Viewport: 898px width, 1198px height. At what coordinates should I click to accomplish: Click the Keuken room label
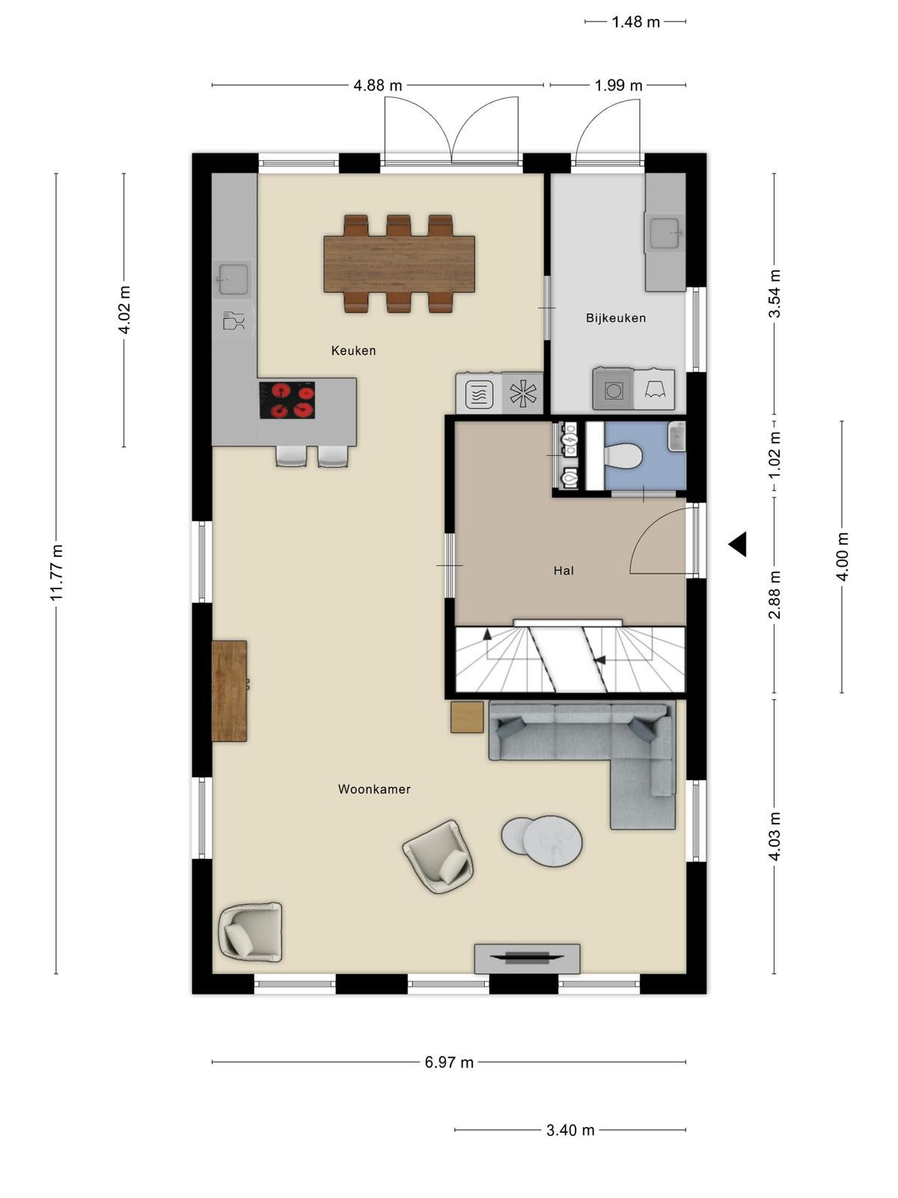pyautogui.click(x=353, y=350)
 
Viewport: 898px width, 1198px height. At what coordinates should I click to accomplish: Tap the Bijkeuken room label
pyautogui.click(x=616, y=317)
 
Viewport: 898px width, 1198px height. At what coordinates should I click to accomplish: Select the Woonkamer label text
pyautogui.click(x=374, y=788)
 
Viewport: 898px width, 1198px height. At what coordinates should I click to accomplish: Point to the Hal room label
pyautogui.click(x=563, y=571)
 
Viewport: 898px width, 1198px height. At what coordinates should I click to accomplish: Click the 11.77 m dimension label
pyautogui.click(x=57, y=573)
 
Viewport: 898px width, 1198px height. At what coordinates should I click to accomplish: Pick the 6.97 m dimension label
pyautogui.click(x=449, y=1062)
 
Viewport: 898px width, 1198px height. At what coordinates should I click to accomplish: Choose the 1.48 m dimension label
pyautogui.click(x=636, y=22)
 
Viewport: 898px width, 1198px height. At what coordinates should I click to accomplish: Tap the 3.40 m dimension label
pyautogui.click(x=570, y=1130)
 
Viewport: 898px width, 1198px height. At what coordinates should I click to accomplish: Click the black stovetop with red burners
pyautogui.click(x=287, y=400)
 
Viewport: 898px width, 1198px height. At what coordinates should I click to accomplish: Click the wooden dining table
pyautogui.click(x=399, y=264)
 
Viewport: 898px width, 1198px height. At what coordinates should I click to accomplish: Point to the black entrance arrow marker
pyautogui.click(x=737, y=544)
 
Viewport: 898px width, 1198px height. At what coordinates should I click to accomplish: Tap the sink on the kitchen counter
pyautogui.click(x=234, y=279)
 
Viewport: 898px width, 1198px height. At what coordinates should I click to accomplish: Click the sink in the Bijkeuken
pyautogui.click(x=664, y=233)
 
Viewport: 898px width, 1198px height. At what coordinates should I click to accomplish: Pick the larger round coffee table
pyautogui.click(x=552, y=842)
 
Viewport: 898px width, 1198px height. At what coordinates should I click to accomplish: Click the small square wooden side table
pyautogui.click(x=467, y=717)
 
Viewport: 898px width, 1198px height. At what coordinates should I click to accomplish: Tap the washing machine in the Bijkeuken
pyautogui.click(x=614, y=389)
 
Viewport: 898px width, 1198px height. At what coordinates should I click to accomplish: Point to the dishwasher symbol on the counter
pyautogui.click(x=234, y=321)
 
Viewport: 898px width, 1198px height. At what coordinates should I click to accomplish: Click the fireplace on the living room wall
pyautogui.click(x=527, y=958)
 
